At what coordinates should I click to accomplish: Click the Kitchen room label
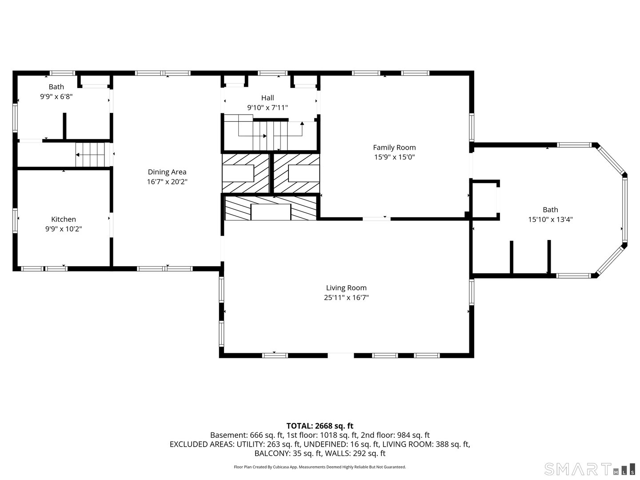pyautogui.click(x=64, y=219)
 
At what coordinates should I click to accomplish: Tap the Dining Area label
pyautogui.click(x=167, y=172)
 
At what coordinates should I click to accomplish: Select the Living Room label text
pyautogui.click(x=346, y=288)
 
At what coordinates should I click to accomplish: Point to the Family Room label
pyautogui.click(x=394, y=148)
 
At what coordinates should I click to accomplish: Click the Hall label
pyautogui.click(x=268, y=98)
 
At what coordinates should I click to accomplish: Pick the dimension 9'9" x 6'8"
pyautogui.click(x=56, y=96)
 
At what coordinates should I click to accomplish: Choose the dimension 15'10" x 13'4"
pyautogui.click(x=550, y=219)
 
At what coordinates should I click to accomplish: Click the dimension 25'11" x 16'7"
pyautogui.click(x=346, y=298)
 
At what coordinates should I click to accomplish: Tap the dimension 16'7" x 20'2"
pyautogui.click(x=167, y=182)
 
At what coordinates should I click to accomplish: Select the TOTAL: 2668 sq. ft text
pyautogui.click(x=320, y=426)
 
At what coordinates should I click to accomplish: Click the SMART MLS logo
pyautogui.click(x=589, y=469)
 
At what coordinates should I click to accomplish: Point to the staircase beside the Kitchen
pyautogui.click(x=92, y=155)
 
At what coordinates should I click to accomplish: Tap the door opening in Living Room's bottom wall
pyautogui.click(x=341, y=355)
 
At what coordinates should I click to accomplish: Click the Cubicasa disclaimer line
pyautogui.click(x=320, y=467)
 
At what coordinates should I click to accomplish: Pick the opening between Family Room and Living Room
pyautogui.click(x=376, y=219)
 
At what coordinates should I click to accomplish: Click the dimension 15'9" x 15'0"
pyautogui.click(x=394, y=157)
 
